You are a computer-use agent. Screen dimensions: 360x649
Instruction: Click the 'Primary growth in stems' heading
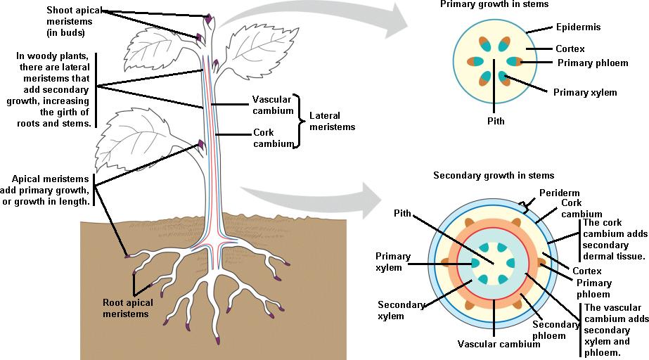(494, 4)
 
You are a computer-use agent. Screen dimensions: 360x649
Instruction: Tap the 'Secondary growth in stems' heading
(494, 175)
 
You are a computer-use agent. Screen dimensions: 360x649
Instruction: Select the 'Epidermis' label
(578, 27)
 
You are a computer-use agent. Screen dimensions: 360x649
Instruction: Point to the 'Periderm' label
(559, 193)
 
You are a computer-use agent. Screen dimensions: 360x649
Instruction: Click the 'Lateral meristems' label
(332, 121)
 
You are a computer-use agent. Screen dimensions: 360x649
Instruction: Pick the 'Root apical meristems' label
(127, 308)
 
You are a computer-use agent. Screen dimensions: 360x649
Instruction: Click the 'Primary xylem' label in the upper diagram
(584, 92)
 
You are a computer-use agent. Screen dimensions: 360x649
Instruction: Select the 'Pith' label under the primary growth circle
(495, 121)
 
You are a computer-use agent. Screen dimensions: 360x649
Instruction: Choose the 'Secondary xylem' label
(401, 310)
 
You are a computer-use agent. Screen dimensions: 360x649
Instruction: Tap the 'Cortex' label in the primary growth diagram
(570, 49)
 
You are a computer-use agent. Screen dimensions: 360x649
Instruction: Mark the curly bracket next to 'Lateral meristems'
(297, 121)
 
